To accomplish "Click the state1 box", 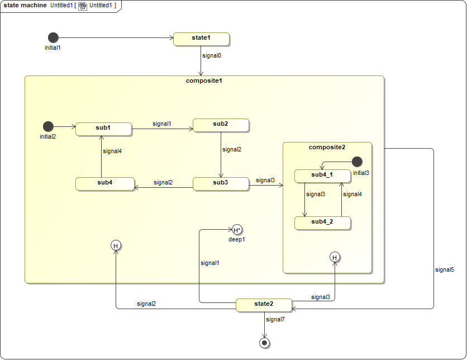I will click(x=201, y=39).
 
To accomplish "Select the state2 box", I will click(x=264, y=305).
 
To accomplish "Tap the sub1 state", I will click(x=103, y=129).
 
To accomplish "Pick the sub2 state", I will click(x=221, y=125).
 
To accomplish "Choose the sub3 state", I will click(x=221, y=183).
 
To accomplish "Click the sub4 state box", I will click(x=104, y=183).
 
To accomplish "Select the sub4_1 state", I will click(x=322, y=176).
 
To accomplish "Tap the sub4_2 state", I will click(x=322, y=222).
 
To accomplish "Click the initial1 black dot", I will click(x=53, y=37).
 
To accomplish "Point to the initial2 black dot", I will click(x=48, y=126).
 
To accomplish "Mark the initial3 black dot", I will click(x=357, y=162).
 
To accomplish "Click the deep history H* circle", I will click(x=237, y=229).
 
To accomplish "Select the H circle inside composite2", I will click(x=335, y=257).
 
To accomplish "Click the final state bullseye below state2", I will click(x=264, y=342).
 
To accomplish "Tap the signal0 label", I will click(x=212, y=56).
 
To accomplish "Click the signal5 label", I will click(x=445, y=269).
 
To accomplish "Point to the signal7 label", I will click(x=275, y=319).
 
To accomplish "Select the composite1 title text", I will click(x=204, y=80).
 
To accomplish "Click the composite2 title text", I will click(x=327, y=147).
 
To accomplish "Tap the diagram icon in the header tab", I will click(x=82, y=6).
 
